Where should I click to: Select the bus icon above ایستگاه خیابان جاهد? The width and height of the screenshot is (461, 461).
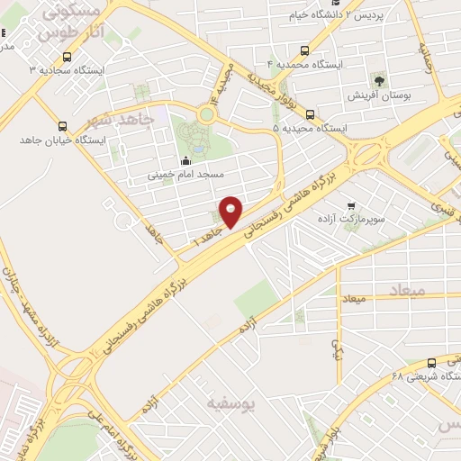62,126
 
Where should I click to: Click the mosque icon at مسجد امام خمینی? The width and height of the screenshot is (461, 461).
186,161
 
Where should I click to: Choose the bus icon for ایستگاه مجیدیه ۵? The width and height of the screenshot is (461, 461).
311,114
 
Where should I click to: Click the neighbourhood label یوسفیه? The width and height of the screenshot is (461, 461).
231,402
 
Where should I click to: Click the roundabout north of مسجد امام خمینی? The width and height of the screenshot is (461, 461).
206,114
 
